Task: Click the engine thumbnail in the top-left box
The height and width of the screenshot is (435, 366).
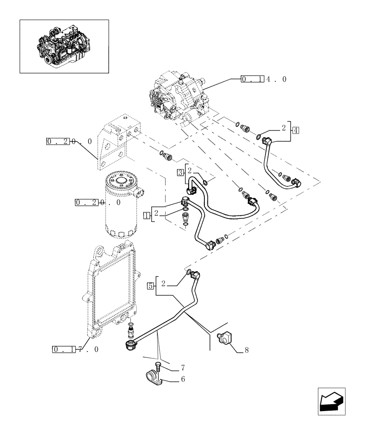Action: coord(64,46)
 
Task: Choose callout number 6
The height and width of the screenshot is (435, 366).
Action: coord(183,379)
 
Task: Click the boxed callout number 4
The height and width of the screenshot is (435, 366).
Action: coord(295,130)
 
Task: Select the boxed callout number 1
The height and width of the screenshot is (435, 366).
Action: coord(147,215)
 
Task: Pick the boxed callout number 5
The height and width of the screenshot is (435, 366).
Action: coord(150,286)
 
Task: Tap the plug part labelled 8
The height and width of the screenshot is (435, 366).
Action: coord(226,338)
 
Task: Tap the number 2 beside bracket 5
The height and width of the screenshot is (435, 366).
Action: coord(163,284)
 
